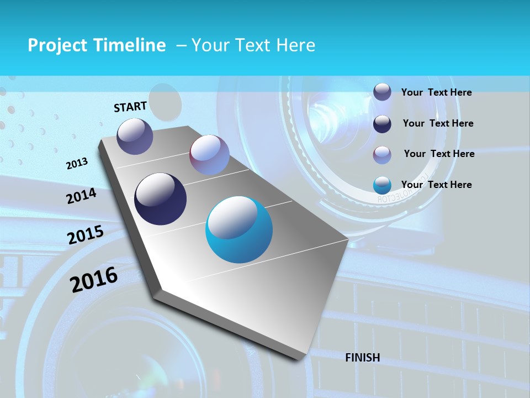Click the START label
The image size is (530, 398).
(x=130, y=106)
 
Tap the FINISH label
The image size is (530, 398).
(x=362, y=358)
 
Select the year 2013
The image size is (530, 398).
(x=77, y=163)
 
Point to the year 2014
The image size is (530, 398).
(x=81, y=196)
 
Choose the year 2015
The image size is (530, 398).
(x=85, y=234)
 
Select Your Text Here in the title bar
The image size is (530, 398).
(x=253, y=45)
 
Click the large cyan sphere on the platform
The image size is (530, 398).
(x=239, y=229)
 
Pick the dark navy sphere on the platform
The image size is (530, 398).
(x=160, y=199)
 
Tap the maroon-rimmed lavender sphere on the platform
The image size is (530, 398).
(x=209, y=155)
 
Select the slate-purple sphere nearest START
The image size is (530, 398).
(x=135, y=136)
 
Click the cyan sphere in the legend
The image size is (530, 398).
(x=382, y=185)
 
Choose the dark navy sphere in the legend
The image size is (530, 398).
(x=382, y=124)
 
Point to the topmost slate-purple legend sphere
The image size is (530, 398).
(x=382, y=92)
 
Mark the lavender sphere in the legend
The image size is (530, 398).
(x=382, y=155)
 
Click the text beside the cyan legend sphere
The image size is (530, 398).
(x=436, y=185)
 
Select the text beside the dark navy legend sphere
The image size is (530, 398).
(x=438, y=123)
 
